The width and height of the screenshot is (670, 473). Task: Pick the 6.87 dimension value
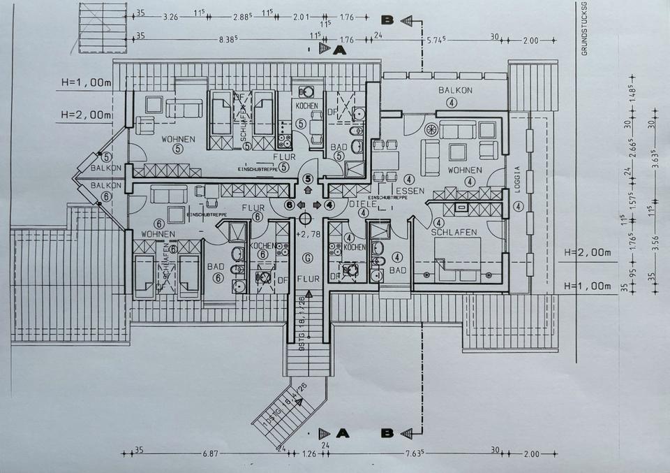(210, 453)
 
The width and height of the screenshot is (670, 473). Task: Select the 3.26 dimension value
(170, 14)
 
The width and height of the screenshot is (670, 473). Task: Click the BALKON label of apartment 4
(455, 90)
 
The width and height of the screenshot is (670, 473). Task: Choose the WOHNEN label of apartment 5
(177, 139)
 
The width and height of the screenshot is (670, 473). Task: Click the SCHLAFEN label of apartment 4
(453, 232)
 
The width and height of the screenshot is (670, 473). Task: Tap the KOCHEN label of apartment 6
(263, 246)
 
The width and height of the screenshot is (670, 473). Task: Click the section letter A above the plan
(340, 50)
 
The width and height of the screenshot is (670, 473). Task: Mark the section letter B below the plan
(387, 433)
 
